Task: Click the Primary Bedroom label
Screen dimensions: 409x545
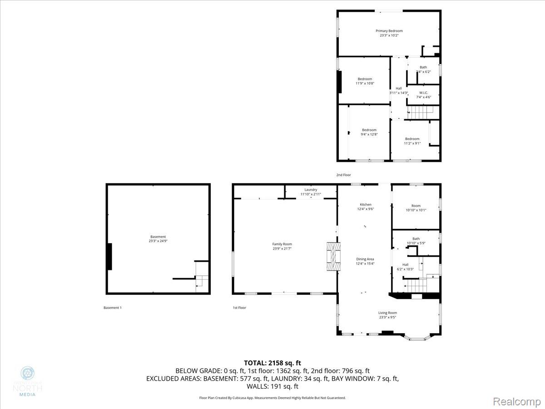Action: [x=389, y=31]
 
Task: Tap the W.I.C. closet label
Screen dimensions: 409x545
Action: [x=423, y=93]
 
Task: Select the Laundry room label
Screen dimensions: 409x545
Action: [x=311, y=190]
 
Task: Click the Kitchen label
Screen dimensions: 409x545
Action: [x=366, y=204]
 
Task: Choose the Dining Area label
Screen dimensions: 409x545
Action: [x=365, y=259]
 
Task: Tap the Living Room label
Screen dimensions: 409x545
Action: [x=388, y=313]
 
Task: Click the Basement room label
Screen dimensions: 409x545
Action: [x=158, y=237]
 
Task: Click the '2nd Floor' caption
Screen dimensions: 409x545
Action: [x=343, y=175]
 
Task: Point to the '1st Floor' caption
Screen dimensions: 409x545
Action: [x=239, y=308]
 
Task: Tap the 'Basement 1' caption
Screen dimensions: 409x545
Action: [x=113, y=308]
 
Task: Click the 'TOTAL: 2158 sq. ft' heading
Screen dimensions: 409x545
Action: [x=272, y=363]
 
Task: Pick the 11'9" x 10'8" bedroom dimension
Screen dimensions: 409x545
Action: [x=364, y=84]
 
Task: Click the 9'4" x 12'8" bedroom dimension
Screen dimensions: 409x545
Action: [x=369, y=135]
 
